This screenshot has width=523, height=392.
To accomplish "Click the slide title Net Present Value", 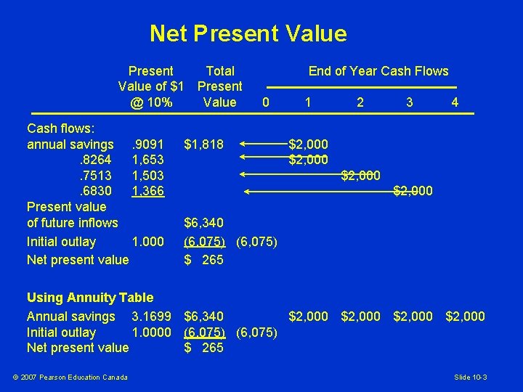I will tap(248, 33).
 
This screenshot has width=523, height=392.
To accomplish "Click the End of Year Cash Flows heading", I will tap(378, 71).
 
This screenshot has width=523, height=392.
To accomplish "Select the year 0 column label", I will tap(266, 102).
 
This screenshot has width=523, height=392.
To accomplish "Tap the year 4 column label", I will tap(455, 102).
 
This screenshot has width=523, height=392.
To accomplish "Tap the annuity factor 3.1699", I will tap(152, 317).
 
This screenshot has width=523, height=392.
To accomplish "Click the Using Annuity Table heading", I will tap(90, 297).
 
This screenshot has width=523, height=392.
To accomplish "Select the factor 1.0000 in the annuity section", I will tap(152, 332).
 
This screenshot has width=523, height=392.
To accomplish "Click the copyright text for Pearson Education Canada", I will tap(69, 377).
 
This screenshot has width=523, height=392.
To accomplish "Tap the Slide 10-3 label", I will tap(471, 377).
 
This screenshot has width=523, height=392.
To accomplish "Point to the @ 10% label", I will tap(151, 102).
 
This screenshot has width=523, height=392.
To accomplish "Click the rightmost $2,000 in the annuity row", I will tap(465, 317).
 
